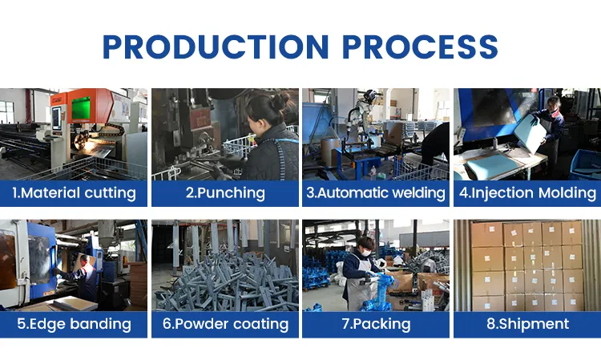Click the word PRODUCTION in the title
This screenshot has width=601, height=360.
click(216, 47)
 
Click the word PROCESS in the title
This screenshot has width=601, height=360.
click(420, 47)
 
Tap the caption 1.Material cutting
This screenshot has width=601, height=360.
click(74, 193)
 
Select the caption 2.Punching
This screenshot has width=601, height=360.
click(225, 193)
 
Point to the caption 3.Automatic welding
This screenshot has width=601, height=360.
click(376, 193)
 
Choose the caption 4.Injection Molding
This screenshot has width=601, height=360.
click(527, 193)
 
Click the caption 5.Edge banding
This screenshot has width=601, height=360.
click(74, 325)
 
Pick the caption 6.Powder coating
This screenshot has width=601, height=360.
click(225, 325)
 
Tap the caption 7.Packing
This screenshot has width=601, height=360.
click(376, 325)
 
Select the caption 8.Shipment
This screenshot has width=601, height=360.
click(528, 325)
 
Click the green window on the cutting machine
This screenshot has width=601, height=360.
click(81, 109)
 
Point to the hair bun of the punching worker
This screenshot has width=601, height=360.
click(281, 100)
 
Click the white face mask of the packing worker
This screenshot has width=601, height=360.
click(366, 253)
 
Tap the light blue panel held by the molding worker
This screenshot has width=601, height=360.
click(530, 133)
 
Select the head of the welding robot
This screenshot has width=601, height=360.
click(370, 96)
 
